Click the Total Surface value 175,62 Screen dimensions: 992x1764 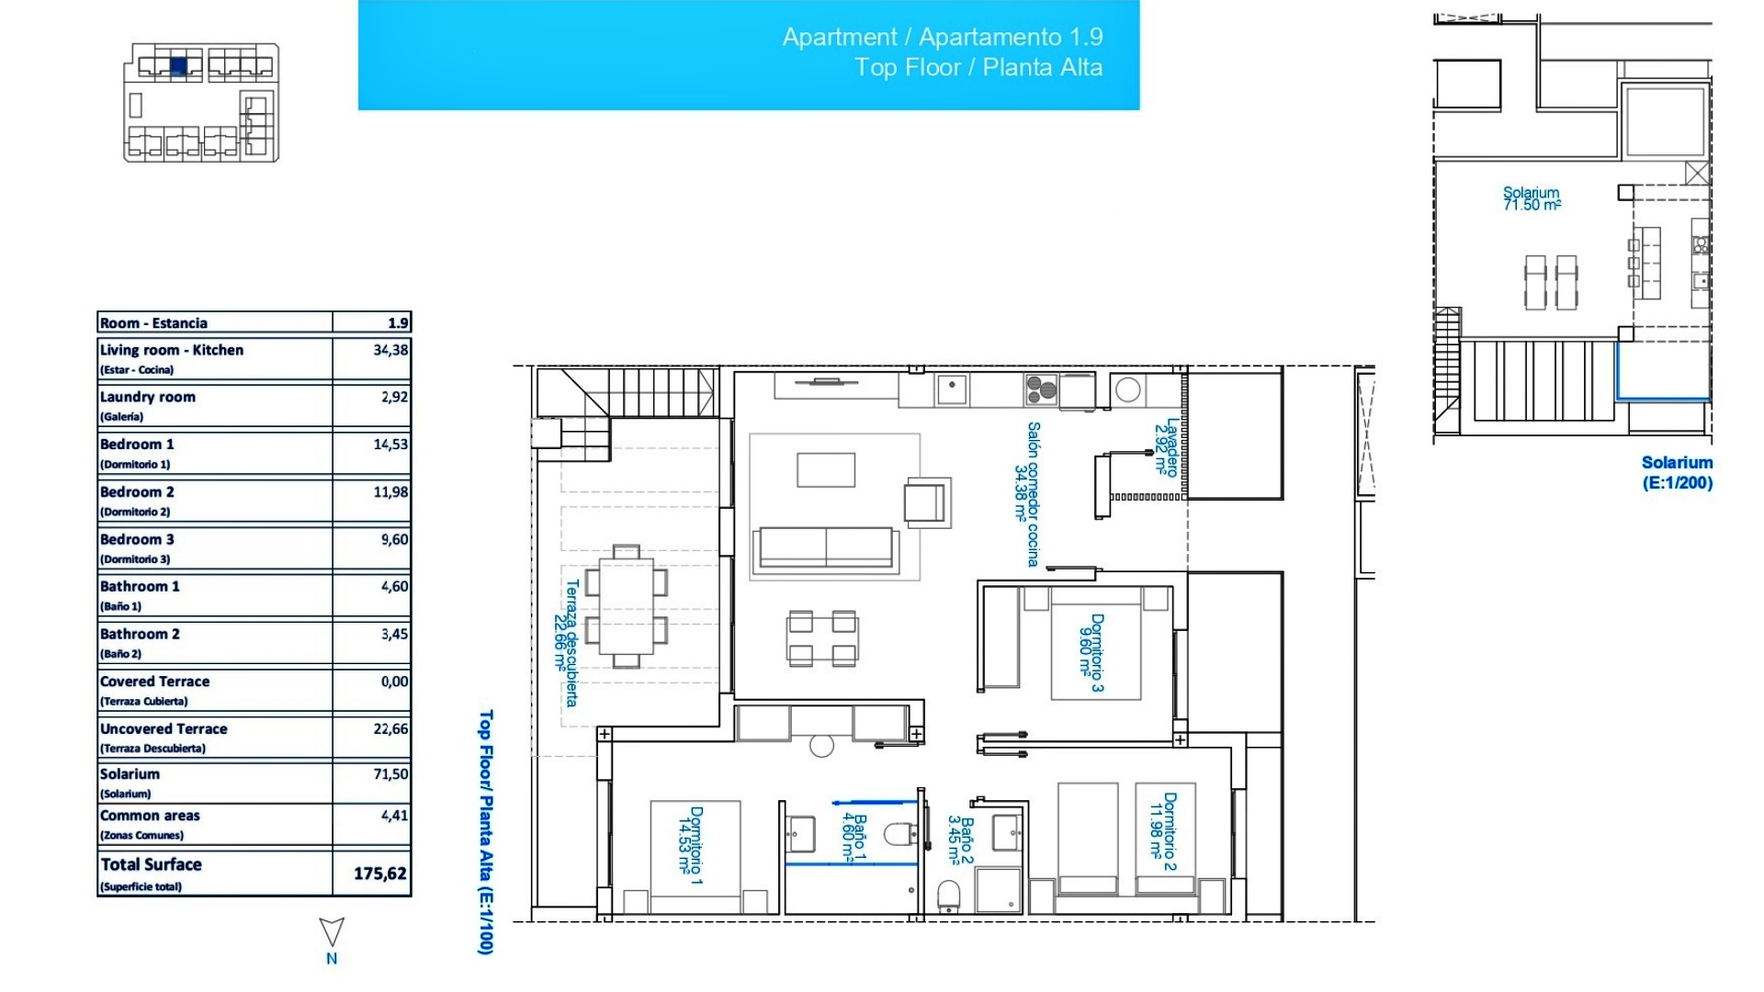(x=379, y=874)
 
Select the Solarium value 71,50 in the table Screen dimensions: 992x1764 (x=390, y=774)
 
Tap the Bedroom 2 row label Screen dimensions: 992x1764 (x=137, y=492)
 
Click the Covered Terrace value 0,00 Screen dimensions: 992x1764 (x=394, y=682)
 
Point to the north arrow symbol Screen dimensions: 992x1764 (x=332, y=933)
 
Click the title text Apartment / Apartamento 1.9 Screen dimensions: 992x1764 (x=942, y=37)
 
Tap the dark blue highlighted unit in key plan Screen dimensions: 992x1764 (x=178, y=65)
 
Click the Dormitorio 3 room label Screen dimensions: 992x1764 (x=1091, y=652)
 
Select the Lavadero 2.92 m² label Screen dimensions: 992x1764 (x=1166, y=446)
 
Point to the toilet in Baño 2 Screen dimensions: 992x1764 (x=948, y=895)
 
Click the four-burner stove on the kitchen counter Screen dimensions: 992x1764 (x=1041, y=389)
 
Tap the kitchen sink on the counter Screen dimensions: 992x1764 (x=952, y=389)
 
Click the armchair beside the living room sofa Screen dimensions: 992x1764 (x=926, y=502)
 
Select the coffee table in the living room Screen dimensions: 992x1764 (x=825, y=469)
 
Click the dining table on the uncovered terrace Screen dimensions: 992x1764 (x=626, y=606)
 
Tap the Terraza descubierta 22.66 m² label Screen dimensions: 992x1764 (x=565, y=642)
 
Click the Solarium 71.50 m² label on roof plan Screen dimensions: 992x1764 (x=1531, y=198)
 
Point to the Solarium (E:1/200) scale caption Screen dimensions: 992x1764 (x=1677, y=472)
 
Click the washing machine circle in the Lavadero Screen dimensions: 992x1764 (x=1127, y=389)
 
